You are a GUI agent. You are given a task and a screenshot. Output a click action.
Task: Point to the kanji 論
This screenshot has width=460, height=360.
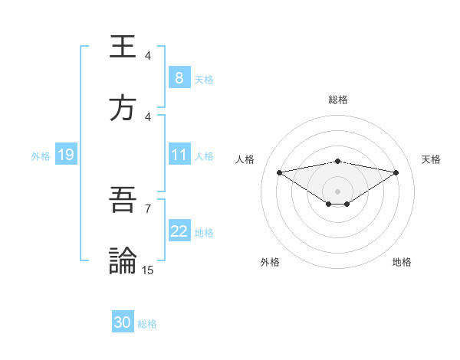(123, 260)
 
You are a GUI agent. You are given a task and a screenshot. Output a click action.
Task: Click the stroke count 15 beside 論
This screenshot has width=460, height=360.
(148, 270)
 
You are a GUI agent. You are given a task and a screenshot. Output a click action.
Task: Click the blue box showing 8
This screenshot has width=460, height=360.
(179, 78)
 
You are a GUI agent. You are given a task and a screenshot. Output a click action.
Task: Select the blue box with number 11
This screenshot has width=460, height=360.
(179, 155)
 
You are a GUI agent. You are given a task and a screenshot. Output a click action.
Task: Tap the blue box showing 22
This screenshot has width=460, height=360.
(179, 231)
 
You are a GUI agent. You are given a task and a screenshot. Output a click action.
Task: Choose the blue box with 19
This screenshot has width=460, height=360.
(65, 155)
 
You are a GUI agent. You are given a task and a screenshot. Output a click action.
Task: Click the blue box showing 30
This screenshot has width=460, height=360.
(123, 322)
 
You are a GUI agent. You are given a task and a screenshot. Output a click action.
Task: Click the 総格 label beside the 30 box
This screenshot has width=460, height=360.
(147, 324)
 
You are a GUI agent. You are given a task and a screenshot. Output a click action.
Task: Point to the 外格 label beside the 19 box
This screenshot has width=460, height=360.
(41, 156)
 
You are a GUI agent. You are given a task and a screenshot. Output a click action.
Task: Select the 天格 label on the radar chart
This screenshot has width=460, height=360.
(432, 159)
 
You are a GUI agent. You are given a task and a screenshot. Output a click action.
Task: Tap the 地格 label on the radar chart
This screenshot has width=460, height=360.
(402, 262)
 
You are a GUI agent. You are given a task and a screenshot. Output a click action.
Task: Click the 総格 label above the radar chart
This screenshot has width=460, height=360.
(338, 100)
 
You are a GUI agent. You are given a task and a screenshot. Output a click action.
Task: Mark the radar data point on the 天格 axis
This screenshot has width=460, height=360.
(396, 172)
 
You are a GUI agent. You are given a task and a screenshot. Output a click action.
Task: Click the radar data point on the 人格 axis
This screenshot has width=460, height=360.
(280, 172)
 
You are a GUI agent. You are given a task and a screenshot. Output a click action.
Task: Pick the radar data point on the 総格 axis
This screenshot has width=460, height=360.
(338, 161)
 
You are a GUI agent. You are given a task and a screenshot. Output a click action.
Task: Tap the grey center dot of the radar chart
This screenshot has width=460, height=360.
(338, 191)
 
